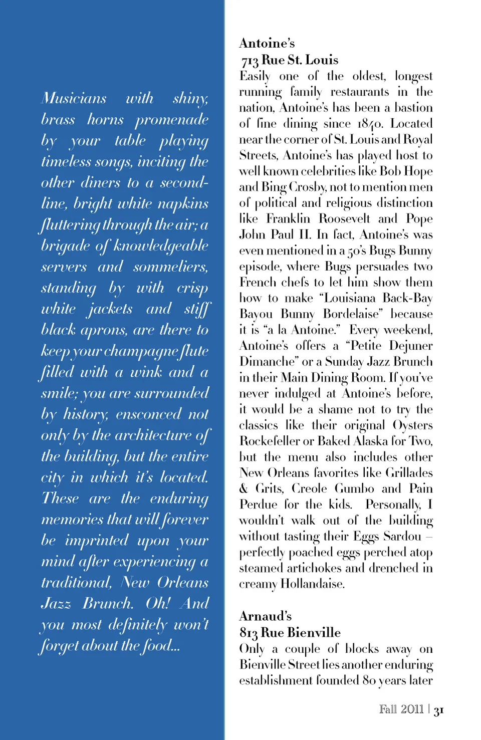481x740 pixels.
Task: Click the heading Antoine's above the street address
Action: click(267, 44)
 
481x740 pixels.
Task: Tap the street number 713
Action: click(250, 61)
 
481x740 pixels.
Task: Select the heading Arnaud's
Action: click(265, 616)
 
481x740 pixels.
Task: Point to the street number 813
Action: click(249, 633)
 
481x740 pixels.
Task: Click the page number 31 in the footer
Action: click(439, 710)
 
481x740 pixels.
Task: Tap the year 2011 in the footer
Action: click(412, 709)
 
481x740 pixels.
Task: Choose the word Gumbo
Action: click(354, 489)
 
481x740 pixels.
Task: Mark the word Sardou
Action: click(402, 537)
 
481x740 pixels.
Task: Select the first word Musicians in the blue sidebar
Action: click(74, 98)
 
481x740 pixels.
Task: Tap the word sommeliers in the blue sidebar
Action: click(170, 267)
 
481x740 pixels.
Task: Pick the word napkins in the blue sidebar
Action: click(183, 204)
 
